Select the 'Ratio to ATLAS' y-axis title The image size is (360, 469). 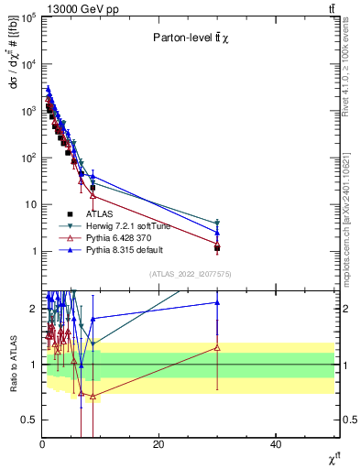tap(14, 365)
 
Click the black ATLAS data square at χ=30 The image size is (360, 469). tap(217, 248)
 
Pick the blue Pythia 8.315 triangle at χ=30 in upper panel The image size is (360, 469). tap(217, 232)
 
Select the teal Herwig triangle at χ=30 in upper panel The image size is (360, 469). tap(217, 223)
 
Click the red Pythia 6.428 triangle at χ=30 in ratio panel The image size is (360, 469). tap(217, 347)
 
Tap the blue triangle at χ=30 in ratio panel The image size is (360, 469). tap(217, 302)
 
